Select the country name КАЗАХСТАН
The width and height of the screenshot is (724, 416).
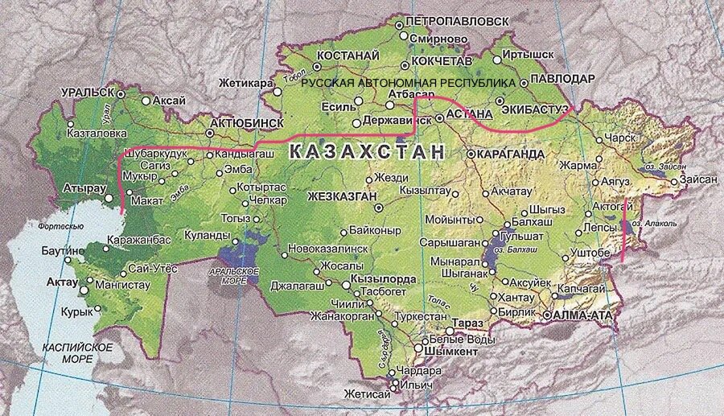pos(366,151)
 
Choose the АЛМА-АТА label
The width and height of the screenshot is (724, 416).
pos(584,315)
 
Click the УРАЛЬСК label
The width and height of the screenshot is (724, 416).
pos(88,93)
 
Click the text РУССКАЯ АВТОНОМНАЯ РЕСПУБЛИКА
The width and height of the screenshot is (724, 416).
pos(408,83)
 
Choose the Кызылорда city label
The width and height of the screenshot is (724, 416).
pos(383,278)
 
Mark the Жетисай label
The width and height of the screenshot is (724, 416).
pos(367,394)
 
